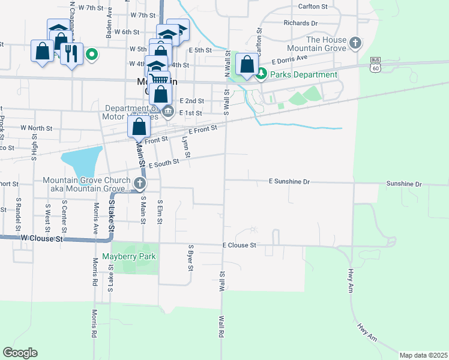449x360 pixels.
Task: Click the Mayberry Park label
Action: coord(129,256)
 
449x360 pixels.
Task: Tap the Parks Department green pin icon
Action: coord(261,74)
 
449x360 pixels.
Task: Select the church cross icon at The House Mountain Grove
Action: coord(356,43)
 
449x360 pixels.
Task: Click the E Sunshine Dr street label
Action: coord(289,181)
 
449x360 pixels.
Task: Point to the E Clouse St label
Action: coord(240,245)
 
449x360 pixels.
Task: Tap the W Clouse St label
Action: coord(41,239)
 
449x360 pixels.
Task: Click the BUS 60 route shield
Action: coord(376,65)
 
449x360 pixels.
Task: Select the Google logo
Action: coord(20,352)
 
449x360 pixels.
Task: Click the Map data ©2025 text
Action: coord(423,355)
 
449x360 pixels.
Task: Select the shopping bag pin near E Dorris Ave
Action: coord(247,64)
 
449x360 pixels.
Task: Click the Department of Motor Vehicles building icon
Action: coord(168,110)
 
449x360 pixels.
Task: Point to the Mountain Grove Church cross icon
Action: coord(140,183)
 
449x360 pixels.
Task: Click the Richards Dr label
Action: coord(301,23)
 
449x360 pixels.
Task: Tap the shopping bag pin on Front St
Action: coord(139,127)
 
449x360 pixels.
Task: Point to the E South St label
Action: coord(164,163)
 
